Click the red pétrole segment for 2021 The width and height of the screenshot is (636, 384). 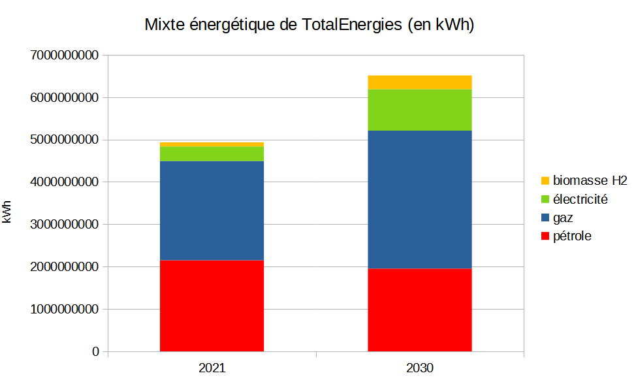(x=212, y=306)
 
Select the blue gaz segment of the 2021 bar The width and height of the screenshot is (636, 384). (x=212, y=210)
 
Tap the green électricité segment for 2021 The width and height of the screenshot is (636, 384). (x=212, y=153)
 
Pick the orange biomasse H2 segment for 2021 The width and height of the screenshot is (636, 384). (x=212, y=144)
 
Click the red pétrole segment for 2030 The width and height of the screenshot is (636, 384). (x=419, y=310)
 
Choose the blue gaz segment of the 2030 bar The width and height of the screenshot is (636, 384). (x=419, y=199)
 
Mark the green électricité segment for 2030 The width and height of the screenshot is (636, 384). (x=419, y=110)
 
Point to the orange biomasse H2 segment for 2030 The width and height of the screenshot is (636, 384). (x=419, y=82)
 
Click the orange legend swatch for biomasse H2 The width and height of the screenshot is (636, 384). (x=545, y=180)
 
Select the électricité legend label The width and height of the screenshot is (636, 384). (x=580, y=199)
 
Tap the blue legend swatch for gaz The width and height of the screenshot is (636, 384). (x=545, y=217)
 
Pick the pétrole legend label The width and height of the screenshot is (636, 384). (x=572, y=236)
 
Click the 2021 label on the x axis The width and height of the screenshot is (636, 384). (x=212, y=368)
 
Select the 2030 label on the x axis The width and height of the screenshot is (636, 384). (x=419, y=368)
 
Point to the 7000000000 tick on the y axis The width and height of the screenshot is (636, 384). (x=64, y=56)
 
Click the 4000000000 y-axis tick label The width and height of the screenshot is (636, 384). (x=64, y=182)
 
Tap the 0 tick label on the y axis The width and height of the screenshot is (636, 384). (x=96, y=351)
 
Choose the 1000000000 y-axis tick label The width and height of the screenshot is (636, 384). (x=64, y=309)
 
